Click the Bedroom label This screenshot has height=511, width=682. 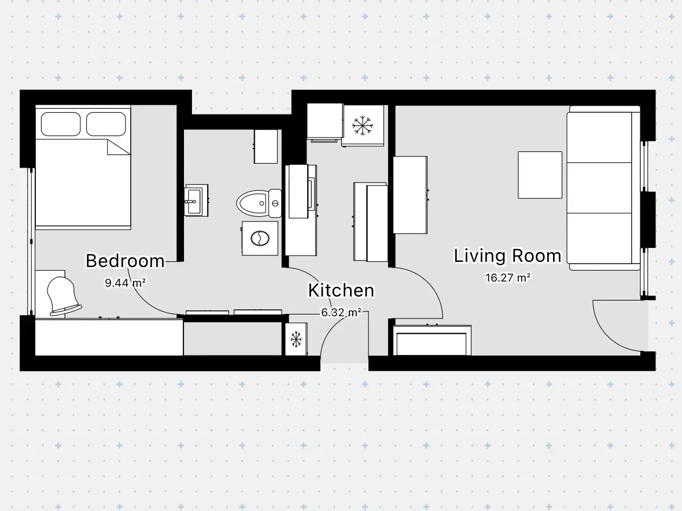pyautogui.click(x=126, y=261)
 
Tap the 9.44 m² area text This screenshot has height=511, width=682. pyautogui.click(x=126, y=283)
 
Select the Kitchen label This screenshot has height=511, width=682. pyautogui.click(x=341, y=290)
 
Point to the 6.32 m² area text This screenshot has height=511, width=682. pyautogui.click(x=341, y=312)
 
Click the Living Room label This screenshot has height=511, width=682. pyautogui.click(x=507, y=255)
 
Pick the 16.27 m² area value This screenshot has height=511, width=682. pyautogui.click(x=507, y=277)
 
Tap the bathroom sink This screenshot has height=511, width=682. pyautogui.click(x=196, y=201)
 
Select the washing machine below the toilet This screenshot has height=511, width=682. pyautogui.click(x=260, y=238)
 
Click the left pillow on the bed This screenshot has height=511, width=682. pyautogui.click(x=61, y=124)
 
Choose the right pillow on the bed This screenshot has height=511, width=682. pyautogui.click(x=106, y=124)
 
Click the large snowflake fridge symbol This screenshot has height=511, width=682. pyautogui.click(x=362, y=125)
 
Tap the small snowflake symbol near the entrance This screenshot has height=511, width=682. pyautogui.click(x=296, y=339)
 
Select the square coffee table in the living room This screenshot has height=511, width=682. pyautogui.click(x=540, y=175)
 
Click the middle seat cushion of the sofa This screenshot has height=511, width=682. pyautogui.click(x=599, y=188)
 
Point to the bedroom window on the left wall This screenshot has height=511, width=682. pyautogui.click(x=31, y=241)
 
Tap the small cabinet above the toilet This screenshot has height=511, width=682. pyautogui.click(x=266, y=146)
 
